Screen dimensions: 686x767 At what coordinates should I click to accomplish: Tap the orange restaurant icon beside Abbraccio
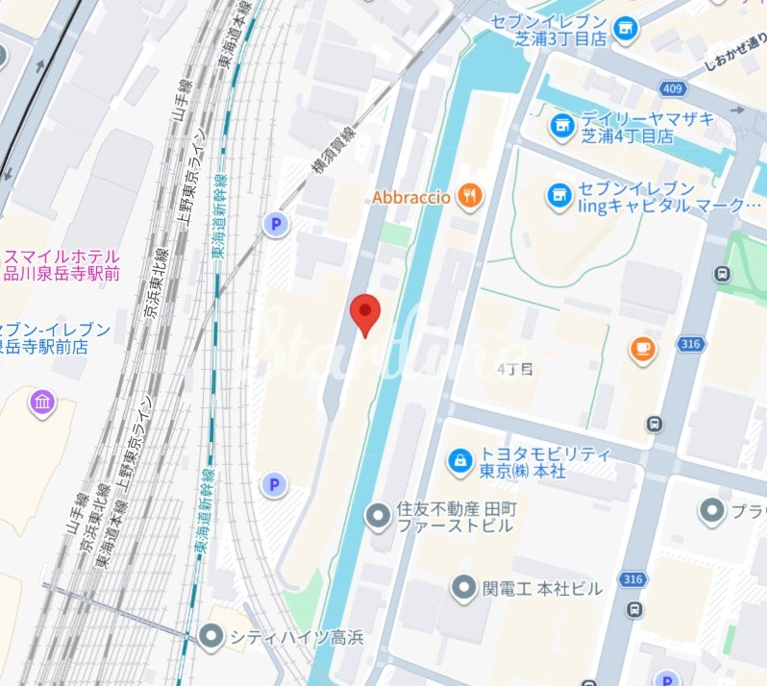click(x=469, y=197)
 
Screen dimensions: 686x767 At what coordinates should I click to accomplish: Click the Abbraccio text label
click(x=411, y=197)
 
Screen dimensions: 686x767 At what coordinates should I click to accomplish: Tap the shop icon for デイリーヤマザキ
click(x=562, y=124)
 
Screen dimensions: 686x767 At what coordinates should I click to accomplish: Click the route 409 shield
click(x=672, y=89)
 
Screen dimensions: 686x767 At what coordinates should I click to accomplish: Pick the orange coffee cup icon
click(x=642, y=351)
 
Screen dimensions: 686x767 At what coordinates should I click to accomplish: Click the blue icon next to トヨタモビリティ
click(x=461, y=462)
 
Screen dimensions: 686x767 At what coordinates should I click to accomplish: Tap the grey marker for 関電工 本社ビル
click(x=465, y=586)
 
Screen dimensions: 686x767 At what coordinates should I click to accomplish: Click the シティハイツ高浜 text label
click(x=283, y=636)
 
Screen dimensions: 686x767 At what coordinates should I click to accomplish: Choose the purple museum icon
click(x=42, y=402)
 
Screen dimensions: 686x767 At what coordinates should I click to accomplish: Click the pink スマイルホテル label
click(x=62, y=265)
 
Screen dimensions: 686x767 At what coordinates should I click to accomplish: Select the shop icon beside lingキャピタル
click(x=558, y=196)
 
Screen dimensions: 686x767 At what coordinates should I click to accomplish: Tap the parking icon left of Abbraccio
click(x=277, y=225)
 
